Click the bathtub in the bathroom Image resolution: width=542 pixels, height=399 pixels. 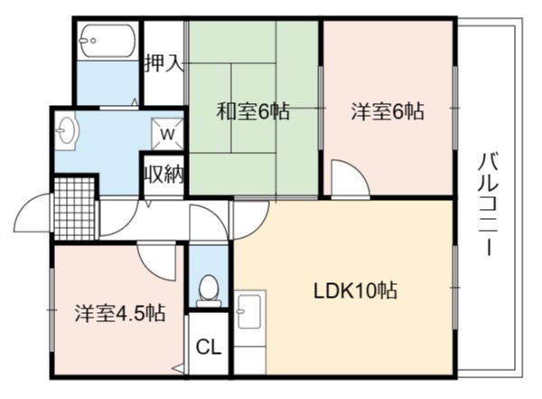pos(107,41)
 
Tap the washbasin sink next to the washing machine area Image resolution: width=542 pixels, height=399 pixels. pos(66,131)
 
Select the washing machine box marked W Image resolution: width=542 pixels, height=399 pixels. pos(168,134)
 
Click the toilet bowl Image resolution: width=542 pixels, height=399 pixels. pos(209,291)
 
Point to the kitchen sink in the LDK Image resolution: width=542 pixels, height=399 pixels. pos(249,310)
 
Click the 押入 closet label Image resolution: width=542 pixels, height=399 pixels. pos(164,63)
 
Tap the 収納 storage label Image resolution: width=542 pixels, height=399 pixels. pos(164,174)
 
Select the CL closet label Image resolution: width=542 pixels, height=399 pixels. pos(209,347)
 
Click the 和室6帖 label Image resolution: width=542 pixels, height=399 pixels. pos(253,111)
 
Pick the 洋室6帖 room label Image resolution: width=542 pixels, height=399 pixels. pos(388,111)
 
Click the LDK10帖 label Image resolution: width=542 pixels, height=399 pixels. pos(355,290)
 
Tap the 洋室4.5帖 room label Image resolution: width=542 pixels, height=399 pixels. pos(120,313)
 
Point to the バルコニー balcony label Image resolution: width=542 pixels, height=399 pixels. pos(489,204)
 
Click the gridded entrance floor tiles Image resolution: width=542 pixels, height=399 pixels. pos(75,209)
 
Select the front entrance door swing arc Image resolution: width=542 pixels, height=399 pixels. pos(33,213)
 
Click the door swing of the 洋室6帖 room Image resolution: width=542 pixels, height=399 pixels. pos(350,178)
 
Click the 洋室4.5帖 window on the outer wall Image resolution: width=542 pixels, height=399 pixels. pos(52,310)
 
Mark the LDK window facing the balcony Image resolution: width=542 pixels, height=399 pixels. pos(455,287)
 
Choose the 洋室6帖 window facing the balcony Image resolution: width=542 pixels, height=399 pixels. pos(455,108)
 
